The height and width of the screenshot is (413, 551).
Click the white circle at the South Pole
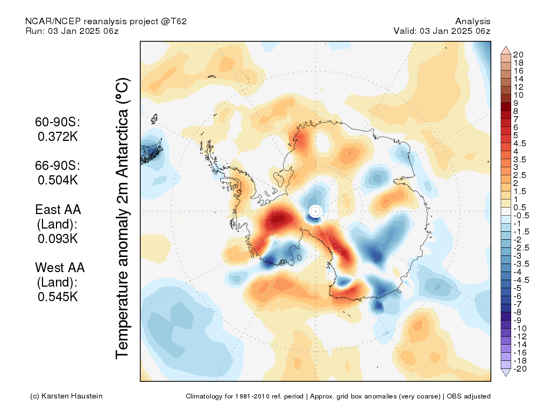315,211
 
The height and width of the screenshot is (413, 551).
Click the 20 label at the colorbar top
518,55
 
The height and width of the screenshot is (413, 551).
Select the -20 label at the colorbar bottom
520,369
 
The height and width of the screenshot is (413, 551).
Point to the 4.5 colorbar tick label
520,144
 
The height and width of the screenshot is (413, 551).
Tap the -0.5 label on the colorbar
521,216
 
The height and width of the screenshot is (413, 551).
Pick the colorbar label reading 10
518,95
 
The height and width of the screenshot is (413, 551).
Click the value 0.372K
58,137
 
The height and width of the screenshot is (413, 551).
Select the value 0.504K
58,180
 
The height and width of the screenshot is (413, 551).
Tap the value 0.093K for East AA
58,239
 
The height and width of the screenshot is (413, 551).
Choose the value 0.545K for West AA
58,297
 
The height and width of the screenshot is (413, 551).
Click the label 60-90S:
58,122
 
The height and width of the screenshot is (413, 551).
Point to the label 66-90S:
58,166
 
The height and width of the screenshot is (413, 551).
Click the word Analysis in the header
472,22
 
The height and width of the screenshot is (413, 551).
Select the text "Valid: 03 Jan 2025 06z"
442,31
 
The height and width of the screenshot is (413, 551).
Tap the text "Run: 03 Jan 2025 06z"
72,31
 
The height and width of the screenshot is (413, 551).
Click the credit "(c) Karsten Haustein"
66,396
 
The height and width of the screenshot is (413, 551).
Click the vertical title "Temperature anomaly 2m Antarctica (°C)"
123,218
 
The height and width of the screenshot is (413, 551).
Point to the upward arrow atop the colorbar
506,50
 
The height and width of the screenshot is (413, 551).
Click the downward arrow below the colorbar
506,373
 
